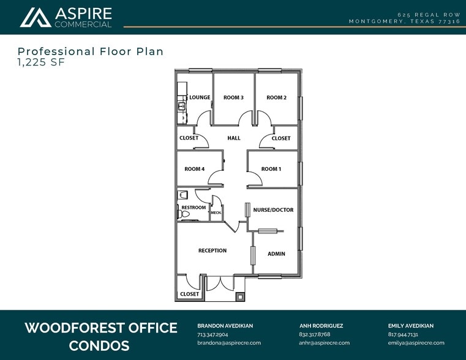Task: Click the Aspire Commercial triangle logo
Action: [36, 18]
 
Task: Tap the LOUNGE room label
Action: [200, 97]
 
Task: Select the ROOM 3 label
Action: [233, 97]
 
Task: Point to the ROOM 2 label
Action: [276, 97]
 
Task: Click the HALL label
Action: [234, 138]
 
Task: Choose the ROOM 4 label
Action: [194, 169]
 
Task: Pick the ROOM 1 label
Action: [271, 169]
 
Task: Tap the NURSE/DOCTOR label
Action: [273, 210]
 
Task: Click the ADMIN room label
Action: [276, 253]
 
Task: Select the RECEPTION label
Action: [212, 250]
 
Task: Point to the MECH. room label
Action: [216, 212]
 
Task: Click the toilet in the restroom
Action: [184, 214]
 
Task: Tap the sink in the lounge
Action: [181, 106]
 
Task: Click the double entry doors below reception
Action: [220, 283]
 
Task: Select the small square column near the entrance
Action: [240, 297]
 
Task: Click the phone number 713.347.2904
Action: [212, 334]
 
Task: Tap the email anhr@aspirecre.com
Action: [324, 343]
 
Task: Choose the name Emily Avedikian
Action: [411, 326]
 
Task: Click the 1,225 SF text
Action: [41, 62]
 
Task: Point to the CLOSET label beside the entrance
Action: [189, 294]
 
